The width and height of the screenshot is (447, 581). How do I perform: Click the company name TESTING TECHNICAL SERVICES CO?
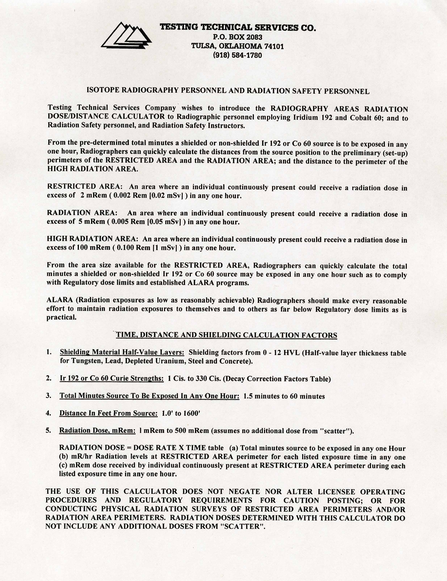(x=238, y=27)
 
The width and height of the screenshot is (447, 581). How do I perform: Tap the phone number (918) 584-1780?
(x=237, y=55)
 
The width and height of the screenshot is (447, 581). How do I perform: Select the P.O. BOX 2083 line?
(x=238, y=37)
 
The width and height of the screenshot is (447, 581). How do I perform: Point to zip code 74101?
(x=274, y=46)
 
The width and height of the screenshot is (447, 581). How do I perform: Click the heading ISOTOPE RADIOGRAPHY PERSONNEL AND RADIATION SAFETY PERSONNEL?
(x=228, y=91)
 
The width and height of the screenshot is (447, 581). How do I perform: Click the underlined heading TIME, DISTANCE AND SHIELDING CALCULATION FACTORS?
(x=227, y=335)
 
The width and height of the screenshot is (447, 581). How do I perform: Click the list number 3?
(x=48, y=396)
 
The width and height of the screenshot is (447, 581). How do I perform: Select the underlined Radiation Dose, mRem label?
(x=97, y=431)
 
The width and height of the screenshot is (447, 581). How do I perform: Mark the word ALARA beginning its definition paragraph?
(x=60, y=300)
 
